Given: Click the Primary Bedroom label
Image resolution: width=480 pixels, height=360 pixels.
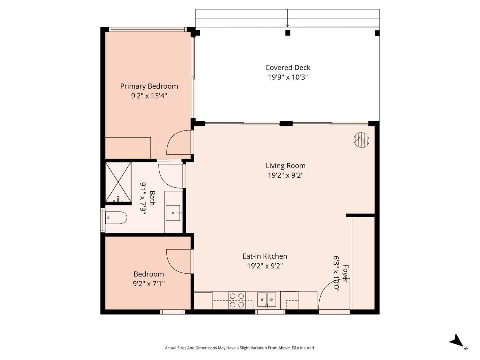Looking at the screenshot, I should click(x=149, y=86).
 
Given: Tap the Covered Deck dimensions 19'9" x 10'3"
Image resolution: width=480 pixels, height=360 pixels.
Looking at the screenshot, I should click(x=287, y=77).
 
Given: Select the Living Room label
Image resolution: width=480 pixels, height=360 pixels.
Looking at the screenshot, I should click(x=285, y=165).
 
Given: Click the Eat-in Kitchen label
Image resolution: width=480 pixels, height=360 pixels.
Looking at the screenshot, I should click(x=265, y=256).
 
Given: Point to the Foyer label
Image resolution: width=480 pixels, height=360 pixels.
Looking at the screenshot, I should click(x=345, y=273).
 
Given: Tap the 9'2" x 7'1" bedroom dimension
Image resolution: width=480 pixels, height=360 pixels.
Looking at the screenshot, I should click(x=149, y=283).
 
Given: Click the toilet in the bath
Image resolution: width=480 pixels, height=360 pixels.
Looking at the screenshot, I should click(x=116, y=218).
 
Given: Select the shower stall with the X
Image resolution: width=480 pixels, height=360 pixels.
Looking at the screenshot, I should click(x=118, y=182).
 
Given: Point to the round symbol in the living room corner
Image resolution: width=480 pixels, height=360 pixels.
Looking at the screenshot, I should click(x=361, y=140).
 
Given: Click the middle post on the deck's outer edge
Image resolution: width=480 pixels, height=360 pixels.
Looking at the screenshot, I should click(x=288, y=33).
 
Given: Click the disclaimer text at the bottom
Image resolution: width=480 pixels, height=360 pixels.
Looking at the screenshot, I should click(x=240, y=348).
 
